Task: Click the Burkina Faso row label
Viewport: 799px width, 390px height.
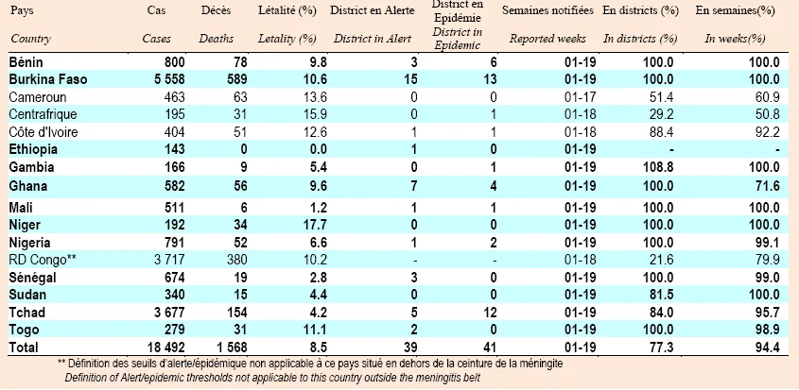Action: pyautogui.click(x=48, y=79)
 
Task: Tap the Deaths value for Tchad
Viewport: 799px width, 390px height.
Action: pyautogui.click(x=233, y=313)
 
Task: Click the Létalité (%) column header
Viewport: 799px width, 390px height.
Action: pyautogui.click(x=287, y=11)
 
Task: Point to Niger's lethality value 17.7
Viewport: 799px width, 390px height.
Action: pyautogui.click(x=314, y=225)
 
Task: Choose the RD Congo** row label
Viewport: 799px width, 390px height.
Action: pyautogui.click(x=43, y=260)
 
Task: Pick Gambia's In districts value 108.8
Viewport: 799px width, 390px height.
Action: pyautogui.click(x=657, y=167)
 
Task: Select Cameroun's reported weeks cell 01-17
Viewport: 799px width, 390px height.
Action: pyautogui.click(x=580, y=96)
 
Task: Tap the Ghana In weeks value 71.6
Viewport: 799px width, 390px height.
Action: pyautogui.click(x=767, y=186)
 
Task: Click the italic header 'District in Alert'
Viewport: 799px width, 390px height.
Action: pyautogui.click(x=373, y=39)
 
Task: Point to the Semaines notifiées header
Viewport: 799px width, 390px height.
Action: pyautogui.click(x=547, y=11)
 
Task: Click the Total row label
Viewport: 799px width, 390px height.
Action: pyautogui.click(x=24, y=348)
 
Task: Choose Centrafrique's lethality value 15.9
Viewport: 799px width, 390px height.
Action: pyautogui.click(x=314, y=113)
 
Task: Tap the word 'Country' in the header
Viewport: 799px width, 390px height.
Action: pyautogui.click(x=30, y=39)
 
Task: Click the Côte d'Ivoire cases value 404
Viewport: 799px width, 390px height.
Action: pyautogui.click(x=175, y=132)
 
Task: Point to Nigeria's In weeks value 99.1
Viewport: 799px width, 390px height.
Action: pyautogui.click(x=768, y=243)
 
